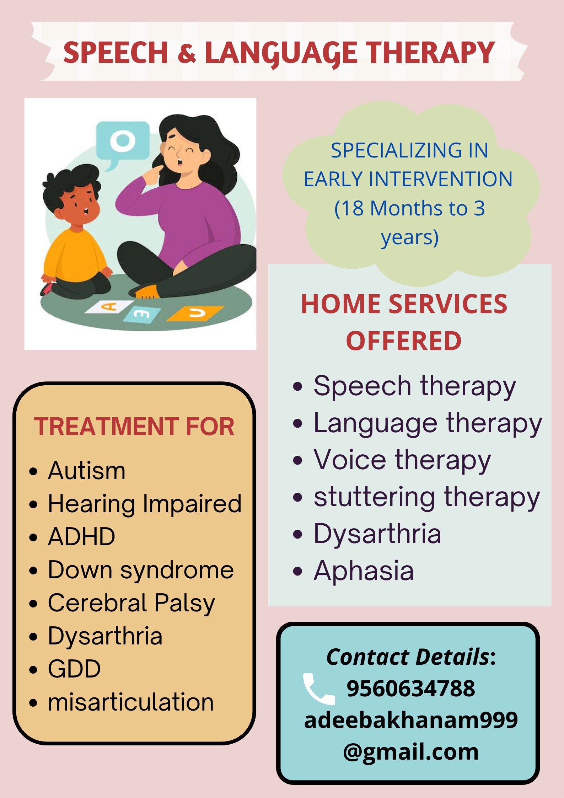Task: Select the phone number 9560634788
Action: click(411, 689)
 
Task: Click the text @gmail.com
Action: click(411, 752)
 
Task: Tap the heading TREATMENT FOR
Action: click(134, 426)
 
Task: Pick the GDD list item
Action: click(75, 669)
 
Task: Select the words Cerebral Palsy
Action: click(131, 603)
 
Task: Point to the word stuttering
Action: click(374, 497)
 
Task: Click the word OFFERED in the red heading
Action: click(404, 341)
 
